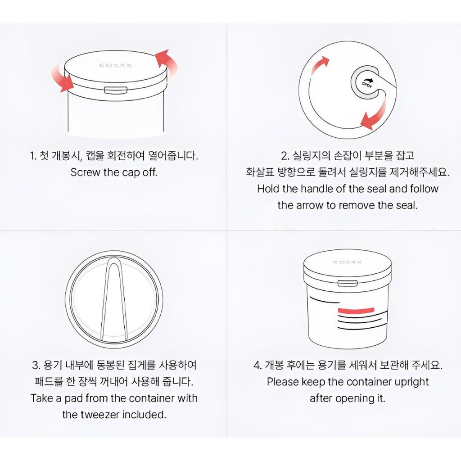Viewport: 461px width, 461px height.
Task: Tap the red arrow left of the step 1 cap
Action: (x=63, y=77)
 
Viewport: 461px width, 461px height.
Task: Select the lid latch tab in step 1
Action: (x=115, y=90)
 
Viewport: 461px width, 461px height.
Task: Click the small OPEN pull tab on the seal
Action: (x=365, y=83)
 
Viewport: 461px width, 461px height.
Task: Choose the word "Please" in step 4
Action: (x=283, y=382)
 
